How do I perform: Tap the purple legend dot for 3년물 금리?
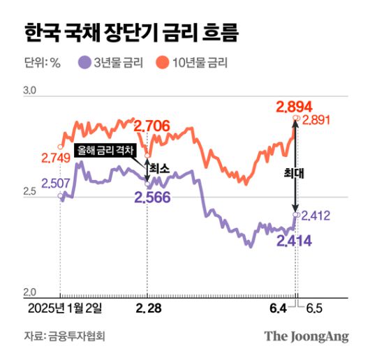pos(85,63)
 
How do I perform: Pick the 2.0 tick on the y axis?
pos(29,291)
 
